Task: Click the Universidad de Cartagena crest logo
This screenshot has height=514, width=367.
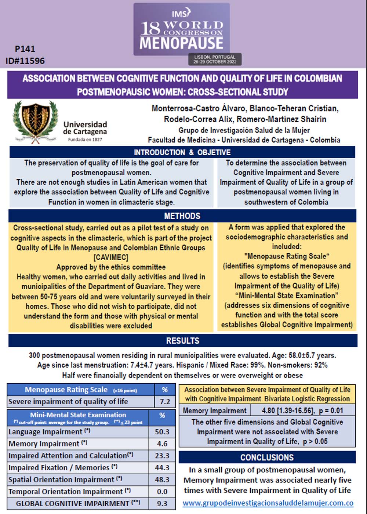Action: [x=36, y=122]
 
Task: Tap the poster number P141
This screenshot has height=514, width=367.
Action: [x=25, y=49]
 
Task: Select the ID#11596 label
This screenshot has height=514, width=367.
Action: [x=25, y=61]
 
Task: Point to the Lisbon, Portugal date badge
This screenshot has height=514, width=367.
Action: [x=215, y=59]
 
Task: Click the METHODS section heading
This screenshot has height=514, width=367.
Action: [x=182, y=216]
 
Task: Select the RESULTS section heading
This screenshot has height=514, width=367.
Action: [x=182, y=341]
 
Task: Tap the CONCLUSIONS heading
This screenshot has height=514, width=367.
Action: [x=267, y=457]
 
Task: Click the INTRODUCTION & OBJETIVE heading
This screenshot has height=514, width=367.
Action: [x=182, y=152]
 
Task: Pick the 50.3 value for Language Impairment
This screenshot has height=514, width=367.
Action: [x=162, y=432]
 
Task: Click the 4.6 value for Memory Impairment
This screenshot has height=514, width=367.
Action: [x=162, y=444]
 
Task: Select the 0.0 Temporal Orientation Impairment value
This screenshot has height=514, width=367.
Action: [x=162, y=492]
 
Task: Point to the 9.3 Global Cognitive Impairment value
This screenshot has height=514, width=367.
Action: [x=162, y=504]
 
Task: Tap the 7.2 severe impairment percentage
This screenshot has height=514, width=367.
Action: [x=165, y=402]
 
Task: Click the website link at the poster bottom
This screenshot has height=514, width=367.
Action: [x=268, y=503]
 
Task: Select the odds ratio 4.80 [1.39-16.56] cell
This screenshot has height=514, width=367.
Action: [x=302, y=410]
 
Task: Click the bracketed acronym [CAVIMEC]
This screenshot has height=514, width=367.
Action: [x=111, y=257]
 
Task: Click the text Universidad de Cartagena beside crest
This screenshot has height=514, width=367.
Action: [x=85, y=128]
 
